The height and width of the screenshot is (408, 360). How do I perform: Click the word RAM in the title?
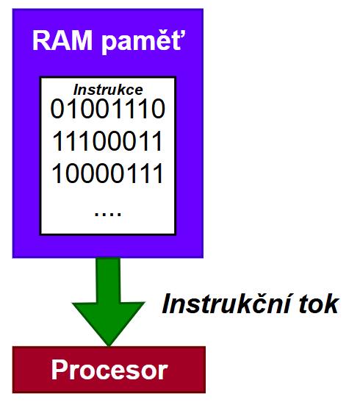pos(62,40)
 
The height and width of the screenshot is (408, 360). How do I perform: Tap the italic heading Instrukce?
pos(108,90)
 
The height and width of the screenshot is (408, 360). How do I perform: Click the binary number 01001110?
pos(108,109)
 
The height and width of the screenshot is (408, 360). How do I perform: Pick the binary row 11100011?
pos(107,140)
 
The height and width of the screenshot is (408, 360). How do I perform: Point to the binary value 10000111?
pos(107,173)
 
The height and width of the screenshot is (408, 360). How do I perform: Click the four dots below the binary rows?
pos(108,214)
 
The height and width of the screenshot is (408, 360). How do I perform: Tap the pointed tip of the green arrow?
pos(109,346)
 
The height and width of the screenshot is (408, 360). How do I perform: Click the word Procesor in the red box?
pos(109,370)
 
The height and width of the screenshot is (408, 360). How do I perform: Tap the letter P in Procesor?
pos(60,369)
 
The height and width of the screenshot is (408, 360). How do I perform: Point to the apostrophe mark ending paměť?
pos(184,35)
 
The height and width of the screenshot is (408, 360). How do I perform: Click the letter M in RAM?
pos(82,40)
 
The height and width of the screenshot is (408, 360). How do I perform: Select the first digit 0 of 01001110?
pos(57,109)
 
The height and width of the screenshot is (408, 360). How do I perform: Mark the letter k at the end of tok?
pos(331,303)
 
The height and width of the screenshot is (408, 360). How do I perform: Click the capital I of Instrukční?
pos(167,304)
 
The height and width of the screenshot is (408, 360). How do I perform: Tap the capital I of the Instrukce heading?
pos(76,90)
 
